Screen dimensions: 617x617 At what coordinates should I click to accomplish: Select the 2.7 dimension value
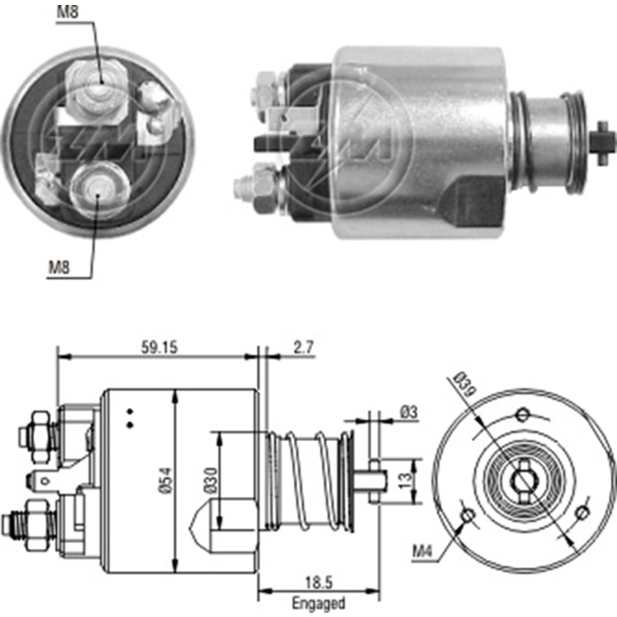tap(302, 347)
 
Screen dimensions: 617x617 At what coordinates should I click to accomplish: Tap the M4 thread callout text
tap(423, 550)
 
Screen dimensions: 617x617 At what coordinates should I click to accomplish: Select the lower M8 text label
tap(60, 267)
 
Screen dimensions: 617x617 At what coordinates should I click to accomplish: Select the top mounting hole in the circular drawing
tap(523, 413)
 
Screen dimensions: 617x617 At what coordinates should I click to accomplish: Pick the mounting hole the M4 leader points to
tap(468, 514)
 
